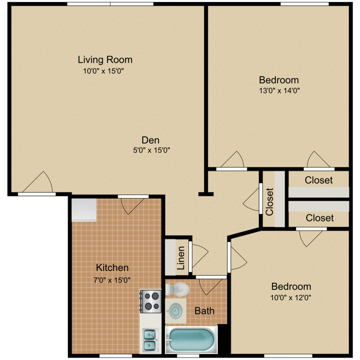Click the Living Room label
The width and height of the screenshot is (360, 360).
coord(105,60)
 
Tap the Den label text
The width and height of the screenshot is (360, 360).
coord(150,140)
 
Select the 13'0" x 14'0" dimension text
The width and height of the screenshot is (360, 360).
coord(279,90)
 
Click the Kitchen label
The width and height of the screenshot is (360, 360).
coord(112,268)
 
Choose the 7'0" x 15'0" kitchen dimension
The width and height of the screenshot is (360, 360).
coord(112,279)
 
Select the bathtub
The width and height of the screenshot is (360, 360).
coord(190,339)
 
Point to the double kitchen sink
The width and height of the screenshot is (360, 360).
coord(149,339)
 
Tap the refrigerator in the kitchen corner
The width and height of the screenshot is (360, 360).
coord(84,210)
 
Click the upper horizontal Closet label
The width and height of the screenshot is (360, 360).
coord(319,180)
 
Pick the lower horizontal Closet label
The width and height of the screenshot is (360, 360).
coord(320,218)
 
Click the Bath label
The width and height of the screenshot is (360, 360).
coord(204,311)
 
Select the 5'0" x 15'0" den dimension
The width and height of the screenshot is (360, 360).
coord(150,150)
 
